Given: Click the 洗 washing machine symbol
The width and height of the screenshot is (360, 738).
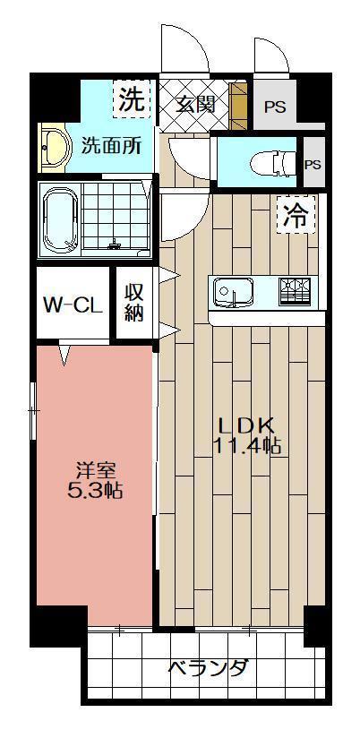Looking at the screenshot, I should [131, 100].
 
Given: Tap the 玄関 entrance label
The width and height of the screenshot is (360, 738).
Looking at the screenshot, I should [193, 103].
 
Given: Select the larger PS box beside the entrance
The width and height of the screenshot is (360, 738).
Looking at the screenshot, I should [274, 106].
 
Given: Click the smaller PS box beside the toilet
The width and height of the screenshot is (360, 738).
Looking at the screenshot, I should [312, 164].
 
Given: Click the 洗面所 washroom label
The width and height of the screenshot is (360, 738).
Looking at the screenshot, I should [111, 146].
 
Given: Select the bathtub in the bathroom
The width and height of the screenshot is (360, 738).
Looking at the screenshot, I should [64, 219].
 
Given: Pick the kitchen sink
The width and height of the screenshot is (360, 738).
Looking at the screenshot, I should [232, 292].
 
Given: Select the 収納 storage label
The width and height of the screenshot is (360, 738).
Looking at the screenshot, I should [133, 303].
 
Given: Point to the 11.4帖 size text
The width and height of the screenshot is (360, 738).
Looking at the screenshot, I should [247, 446].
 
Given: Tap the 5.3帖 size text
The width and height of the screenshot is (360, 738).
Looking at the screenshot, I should [95, 491].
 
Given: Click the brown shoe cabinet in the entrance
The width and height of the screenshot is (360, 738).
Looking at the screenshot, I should [238, 105].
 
